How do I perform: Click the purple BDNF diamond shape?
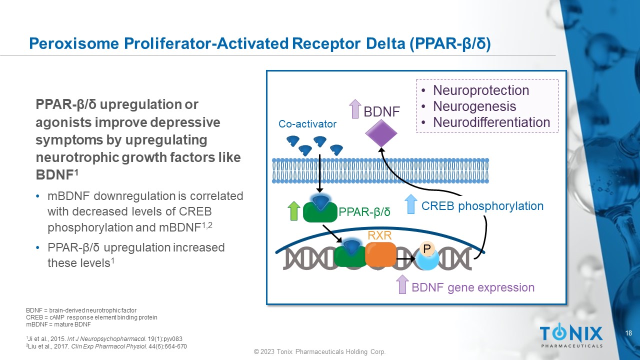(381, 132)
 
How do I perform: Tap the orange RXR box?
(380, 254)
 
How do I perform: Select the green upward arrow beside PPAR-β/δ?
(294, 210)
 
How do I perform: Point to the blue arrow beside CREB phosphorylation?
(410, 204)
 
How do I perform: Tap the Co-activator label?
(307, 124)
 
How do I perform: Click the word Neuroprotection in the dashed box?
(480, 90)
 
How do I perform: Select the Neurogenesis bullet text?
(474, 106)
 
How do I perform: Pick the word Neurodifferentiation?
(491, 122)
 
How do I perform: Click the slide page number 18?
(629, 333)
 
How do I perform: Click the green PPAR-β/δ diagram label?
(364, 212)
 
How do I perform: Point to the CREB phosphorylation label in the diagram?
(482, 206)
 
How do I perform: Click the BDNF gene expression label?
(472, 287)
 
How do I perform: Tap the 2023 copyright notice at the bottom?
(319, 352)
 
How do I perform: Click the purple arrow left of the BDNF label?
(354, 109)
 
